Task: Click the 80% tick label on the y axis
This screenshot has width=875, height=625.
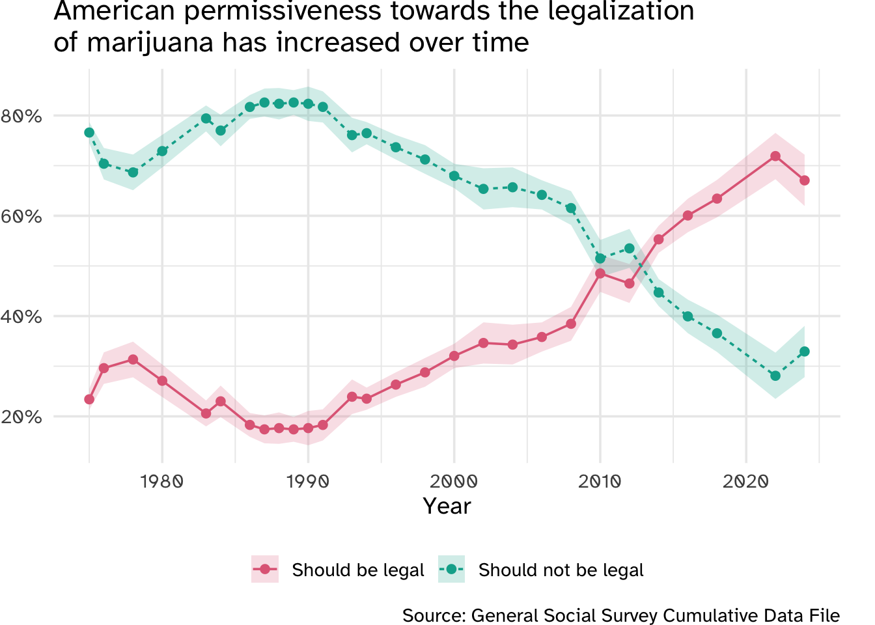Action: [x=21, y=117]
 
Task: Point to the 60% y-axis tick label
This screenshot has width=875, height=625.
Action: [x=21, y=217]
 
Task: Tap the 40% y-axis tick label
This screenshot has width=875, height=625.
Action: [x=21, y=317]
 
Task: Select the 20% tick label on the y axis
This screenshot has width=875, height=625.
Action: [x=21, y=417]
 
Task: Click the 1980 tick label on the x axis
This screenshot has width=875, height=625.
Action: [x=162, y=482]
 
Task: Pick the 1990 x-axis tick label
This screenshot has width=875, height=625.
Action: [x=308, y=482]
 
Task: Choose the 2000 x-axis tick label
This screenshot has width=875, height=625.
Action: [x=454, y=482]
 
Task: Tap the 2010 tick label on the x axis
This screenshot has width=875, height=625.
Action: [x=600, y=482]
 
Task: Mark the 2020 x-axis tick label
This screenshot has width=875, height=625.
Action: [x=745, y=482]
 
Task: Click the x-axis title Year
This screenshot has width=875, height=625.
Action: [x=447, y=507]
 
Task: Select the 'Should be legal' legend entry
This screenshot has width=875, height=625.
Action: [x=357, y=570]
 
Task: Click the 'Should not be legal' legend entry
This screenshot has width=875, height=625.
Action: [x=561, y=570]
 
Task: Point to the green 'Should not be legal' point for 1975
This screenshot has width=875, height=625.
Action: [x=89, y=133]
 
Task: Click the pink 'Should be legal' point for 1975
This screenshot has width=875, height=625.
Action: [x=89, y=399]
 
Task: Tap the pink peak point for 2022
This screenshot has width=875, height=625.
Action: [x=775, y=156]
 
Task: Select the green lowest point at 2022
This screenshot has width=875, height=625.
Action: [x=775, y=376]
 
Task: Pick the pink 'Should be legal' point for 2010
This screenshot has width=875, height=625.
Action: [x=600, y=273]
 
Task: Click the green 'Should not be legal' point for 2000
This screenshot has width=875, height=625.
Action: [x=454, y=176]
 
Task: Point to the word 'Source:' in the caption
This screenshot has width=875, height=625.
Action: [x=433, y=615]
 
